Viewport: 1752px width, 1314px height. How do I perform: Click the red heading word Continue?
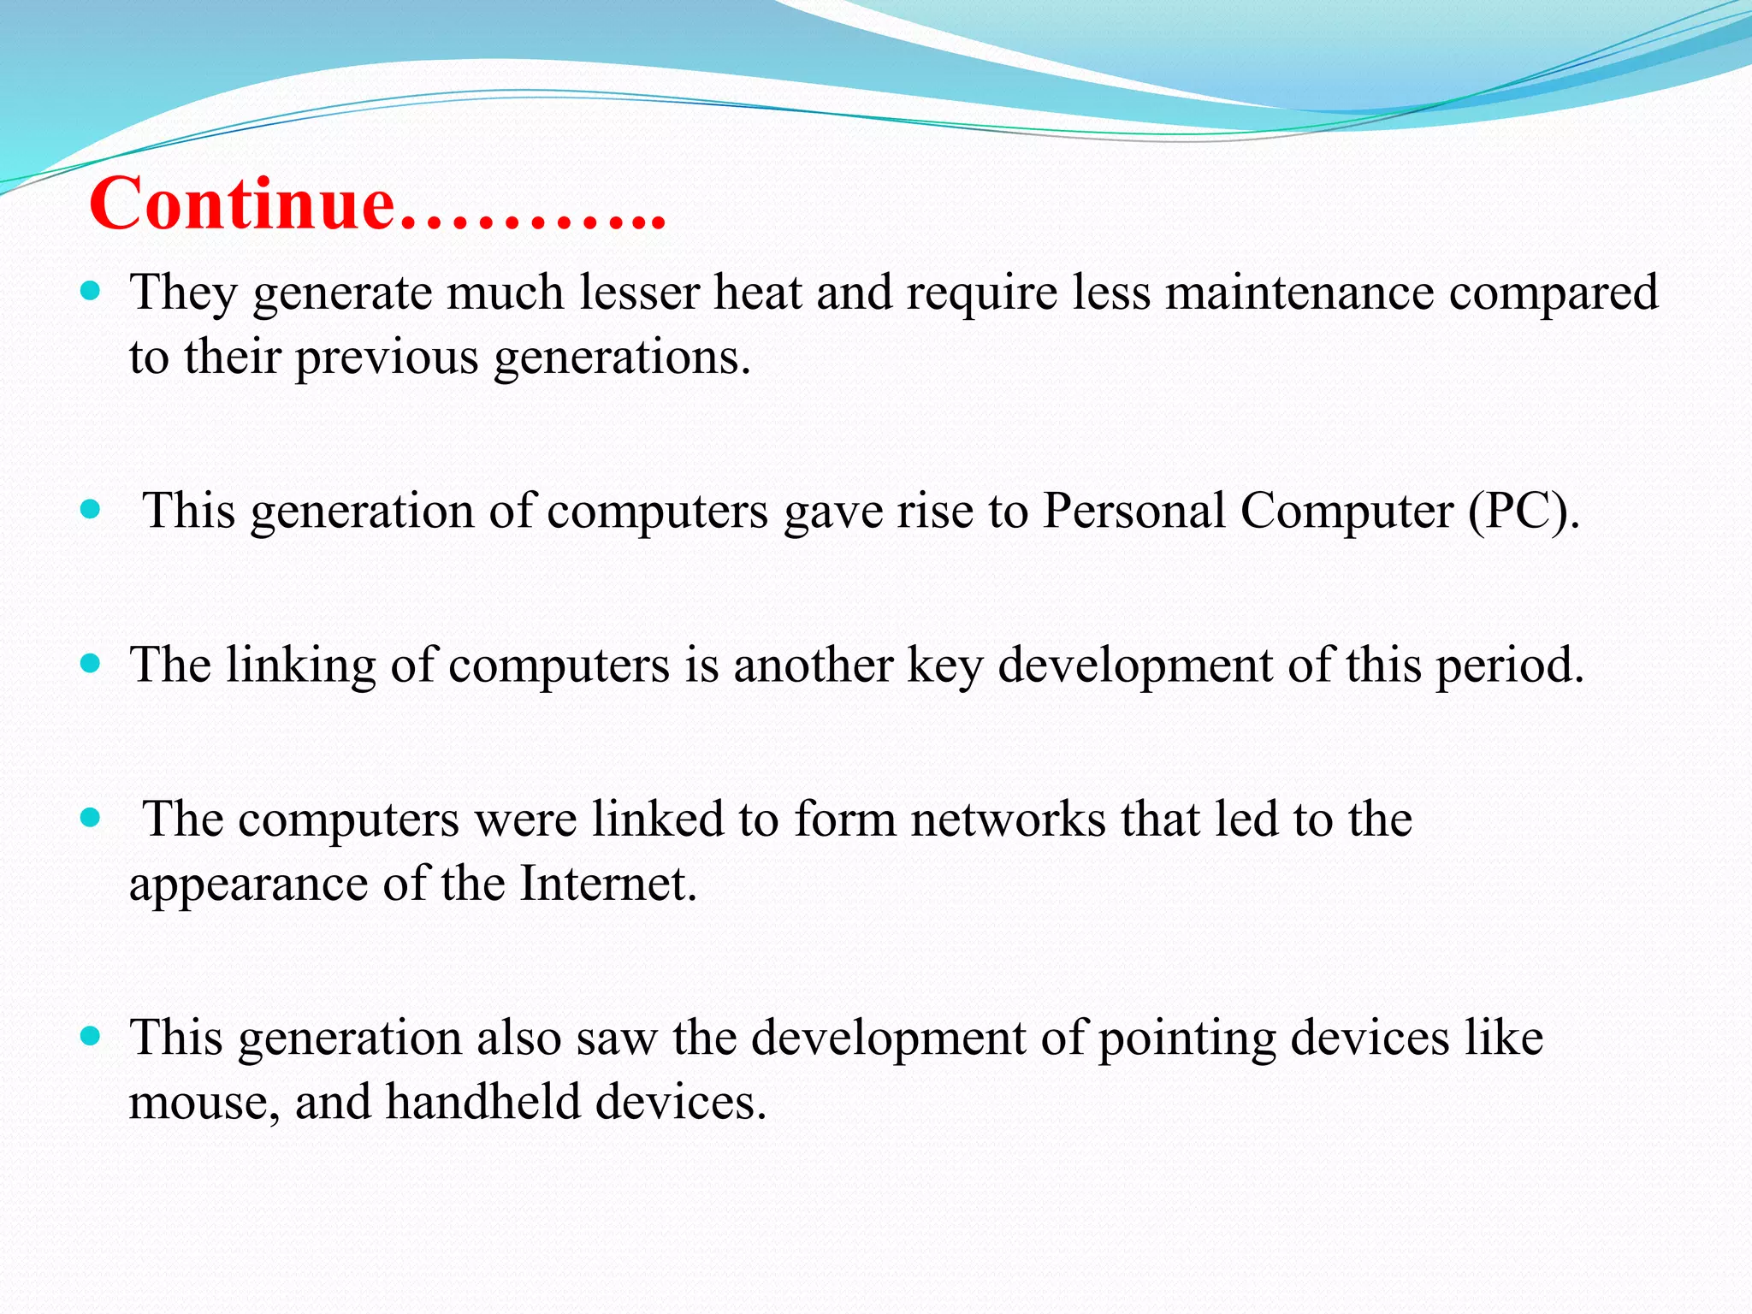point(242,204)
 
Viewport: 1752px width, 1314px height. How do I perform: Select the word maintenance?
point(1299,293)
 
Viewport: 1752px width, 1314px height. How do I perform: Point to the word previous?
point(387,357)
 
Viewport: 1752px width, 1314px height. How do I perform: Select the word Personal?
point(1134,512)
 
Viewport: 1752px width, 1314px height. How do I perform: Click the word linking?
point(301,666)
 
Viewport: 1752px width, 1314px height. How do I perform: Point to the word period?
point(1510,666)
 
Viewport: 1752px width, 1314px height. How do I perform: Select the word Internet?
point(608,884)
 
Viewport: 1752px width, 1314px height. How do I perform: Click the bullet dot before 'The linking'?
point(90,663)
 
